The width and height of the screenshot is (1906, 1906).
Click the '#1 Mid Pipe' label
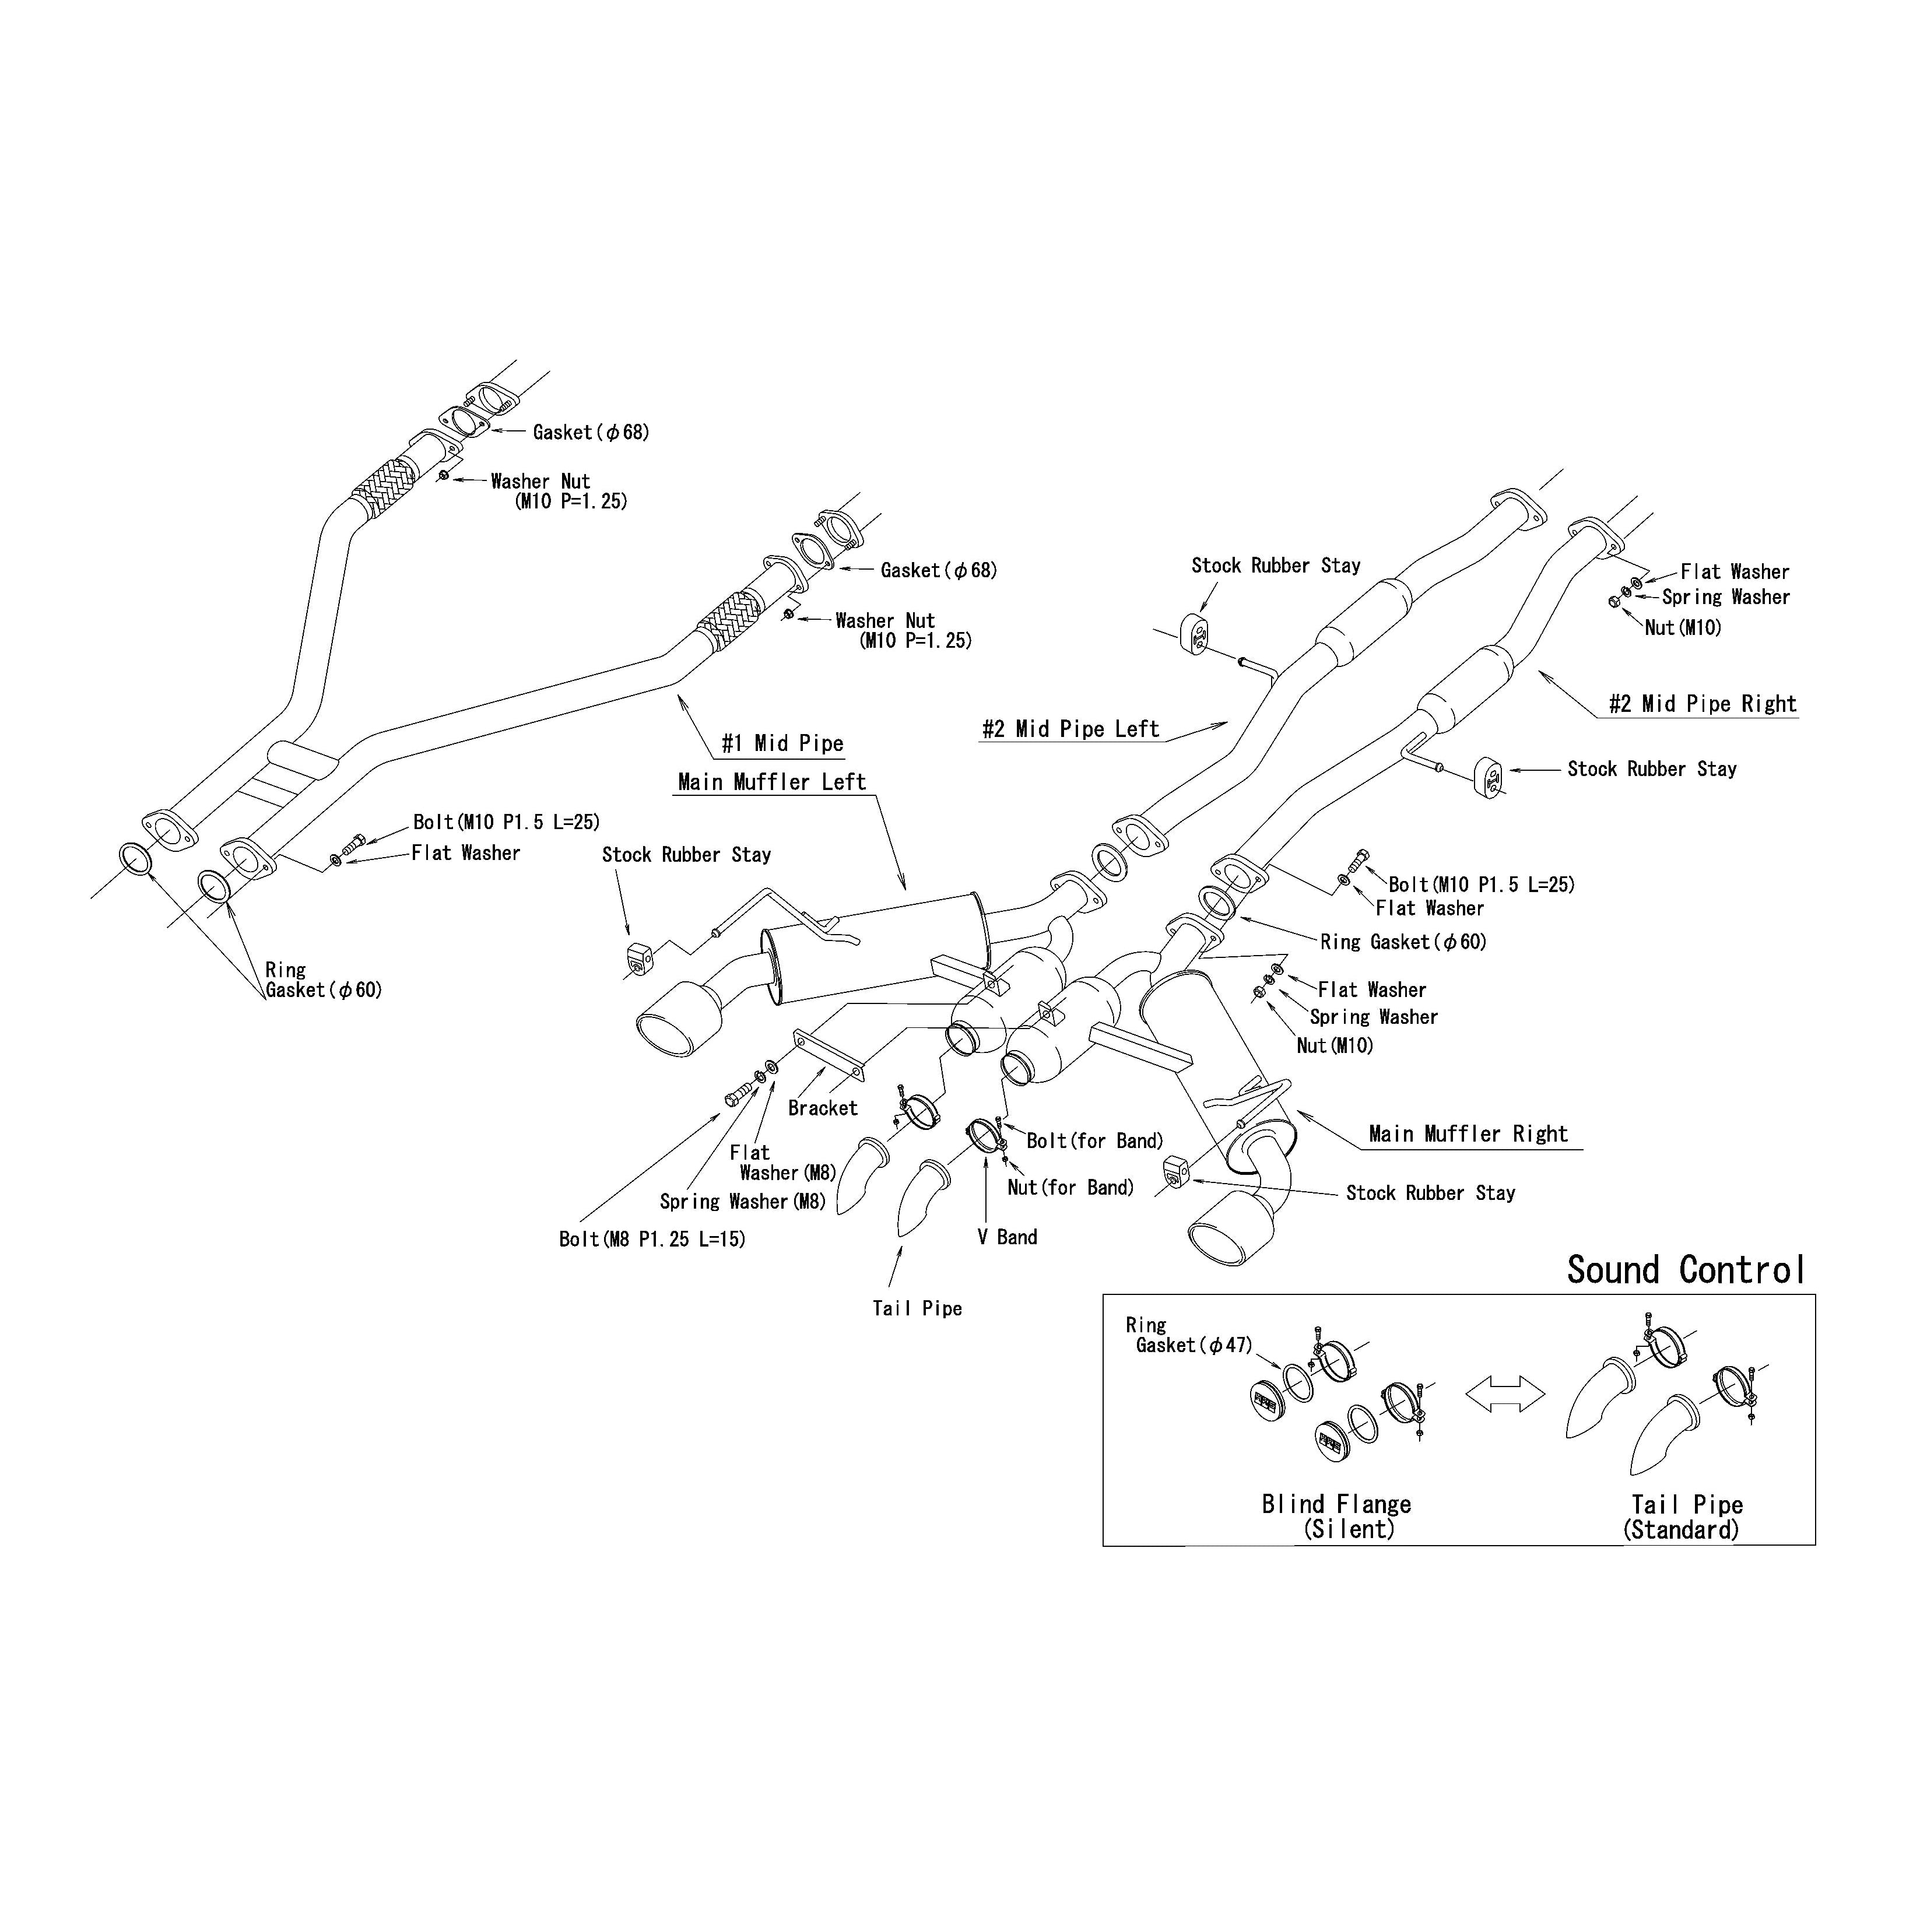tap(782, 744)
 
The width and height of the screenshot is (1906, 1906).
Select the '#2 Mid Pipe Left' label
tap(1070, 729)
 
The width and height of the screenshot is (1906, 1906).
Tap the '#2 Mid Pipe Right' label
tap(1703, 703)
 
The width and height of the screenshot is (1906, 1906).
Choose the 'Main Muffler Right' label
tap(1468, 1133)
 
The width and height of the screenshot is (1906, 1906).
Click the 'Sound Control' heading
tap(1686, 1270)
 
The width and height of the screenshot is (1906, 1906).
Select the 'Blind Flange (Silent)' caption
tap(1337, 1517)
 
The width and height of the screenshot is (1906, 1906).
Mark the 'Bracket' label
tap(823, 1108)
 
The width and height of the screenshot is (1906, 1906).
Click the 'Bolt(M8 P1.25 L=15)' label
tap(652, 1239)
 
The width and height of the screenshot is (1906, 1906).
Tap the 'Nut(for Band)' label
tap(1070, 1188)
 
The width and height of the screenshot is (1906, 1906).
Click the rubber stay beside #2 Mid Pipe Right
tap(1489, 777)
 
